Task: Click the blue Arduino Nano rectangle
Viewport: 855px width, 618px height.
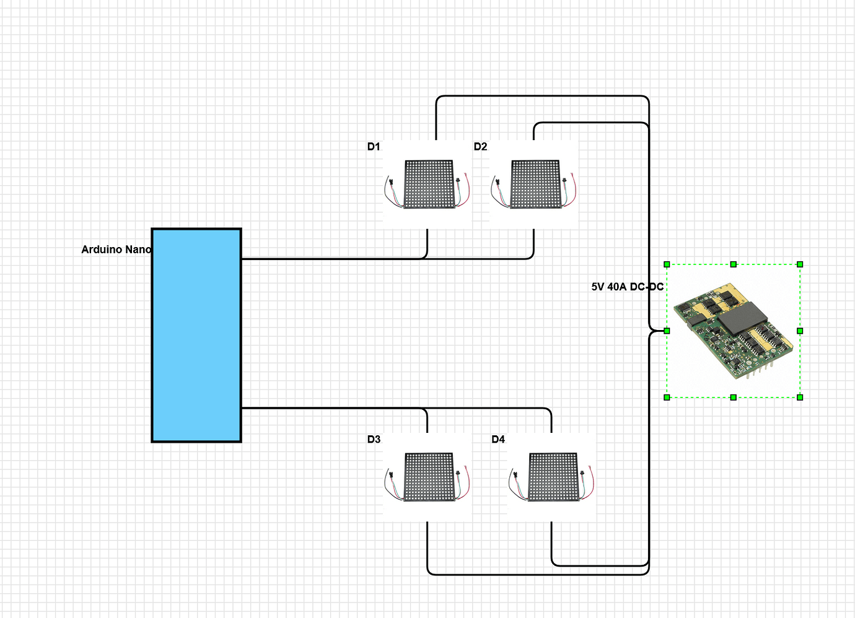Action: pos(196,336)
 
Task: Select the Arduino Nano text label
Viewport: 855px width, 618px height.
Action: pos(116,250)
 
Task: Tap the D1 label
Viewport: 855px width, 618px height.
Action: pos(374,147)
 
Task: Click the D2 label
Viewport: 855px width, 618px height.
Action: pos(480,147)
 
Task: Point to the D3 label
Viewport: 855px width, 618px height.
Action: pos(374,439)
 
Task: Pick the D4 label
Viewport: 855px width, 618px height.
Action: pos(498,439)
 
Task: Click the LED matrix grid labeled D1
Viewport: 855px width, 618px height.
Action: pos(429,185)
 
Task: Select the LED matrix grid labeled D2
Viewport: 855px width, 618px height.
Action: pos(535,185)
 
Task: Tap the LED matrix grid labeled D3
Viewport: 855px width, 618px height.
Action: pos(429,477)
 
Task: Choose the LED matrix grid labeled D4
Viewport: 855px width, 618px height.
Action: pos(553,477)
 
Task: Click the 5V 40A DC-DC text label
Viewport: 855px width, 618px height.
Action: pos(627,287)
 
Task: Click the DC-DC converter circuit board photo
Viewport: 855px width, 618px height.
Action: pos(733,331)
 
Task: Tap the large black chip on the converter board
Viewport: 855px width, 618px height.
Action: pos(743,318)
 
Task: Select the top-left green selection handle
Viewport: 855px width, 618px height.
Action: pos(667,264)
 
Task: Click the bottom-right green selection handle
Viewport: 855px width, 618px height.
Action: pos(800,398)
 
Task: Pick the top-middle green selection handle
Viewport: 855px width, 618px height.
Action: pos(733,264)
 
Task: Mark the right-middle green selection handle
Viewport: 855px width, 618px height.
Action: pos(800,331)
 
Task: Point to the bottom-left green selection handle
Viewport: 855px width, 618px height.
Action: pos(667,398)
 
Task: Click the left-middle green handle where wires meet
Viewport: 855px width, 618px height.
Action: pos(667,331)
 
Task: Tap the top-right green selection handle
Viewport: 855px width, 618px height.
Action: pos(800,264)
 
